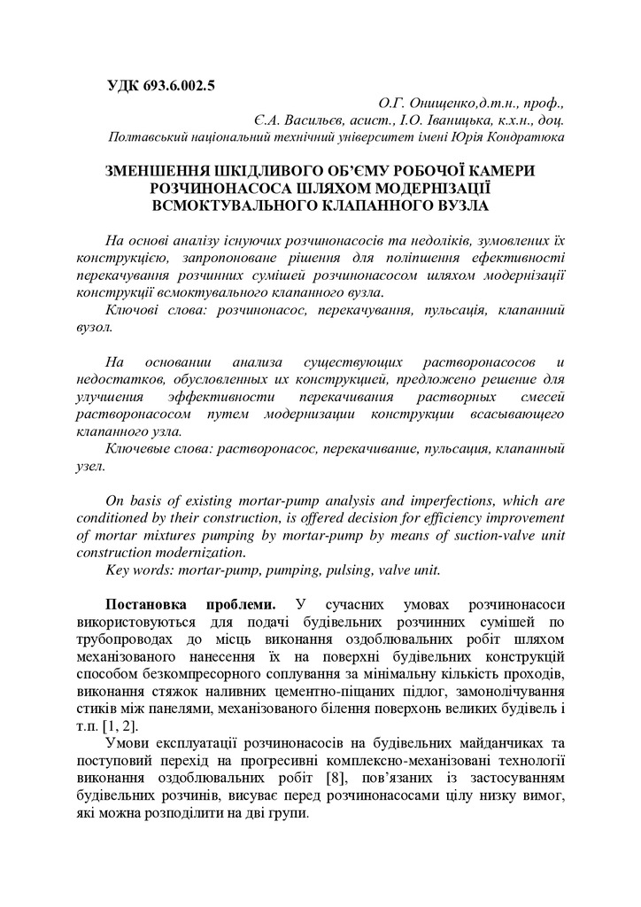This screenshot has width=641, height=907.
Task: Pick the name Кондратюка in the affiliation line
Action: (x=524, y=137)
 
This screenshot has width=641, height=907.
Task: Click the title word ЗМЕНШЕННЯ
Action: (x=156, y=171)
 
